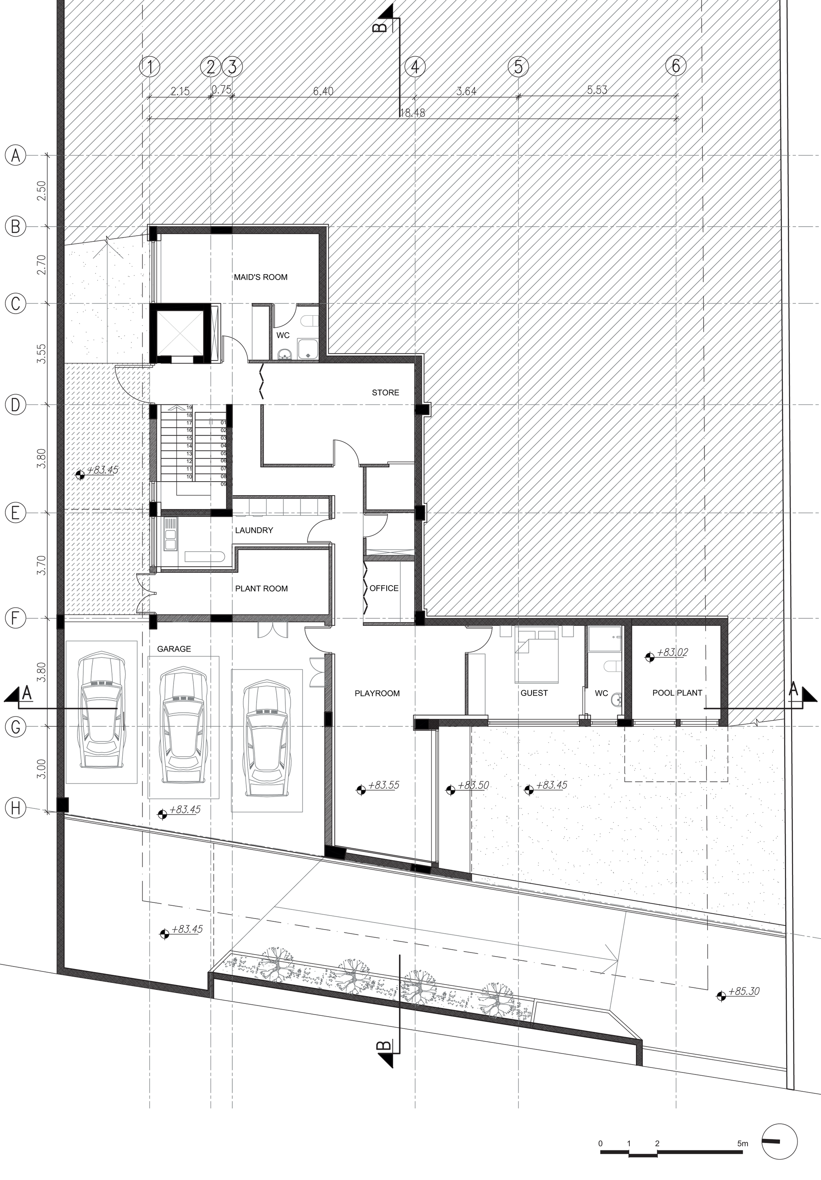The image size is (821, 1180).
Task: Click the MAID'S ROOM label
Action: coord(261,277)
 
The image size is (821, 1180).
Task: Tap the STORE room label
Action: coord(385,393)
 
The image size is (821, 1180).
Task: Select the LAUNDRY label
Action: coord(254,530)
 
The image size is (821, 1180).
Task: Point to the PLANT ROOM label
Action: coord(261,588)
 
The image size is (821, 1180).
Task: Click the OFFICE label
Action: coord(384,588)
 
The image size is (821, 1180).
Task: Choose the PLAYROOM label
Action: coord(377,693)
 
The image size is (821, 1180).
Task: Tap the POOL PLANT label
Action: coord(677,693)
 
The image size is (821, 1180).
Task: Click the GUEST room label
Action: coord(534,693)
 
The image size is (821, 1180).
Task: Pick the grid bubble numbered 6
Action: coord(676,66)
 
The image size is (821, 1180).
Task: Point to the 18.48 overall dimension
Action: coord(412,112)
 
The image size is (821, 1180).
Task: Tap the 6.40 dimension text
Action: coord(323,91)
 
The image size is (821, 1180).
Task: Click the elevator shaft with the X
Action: coord(180,333)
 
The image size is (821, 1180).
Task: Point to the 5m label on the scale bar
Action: coord(743,1125)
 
